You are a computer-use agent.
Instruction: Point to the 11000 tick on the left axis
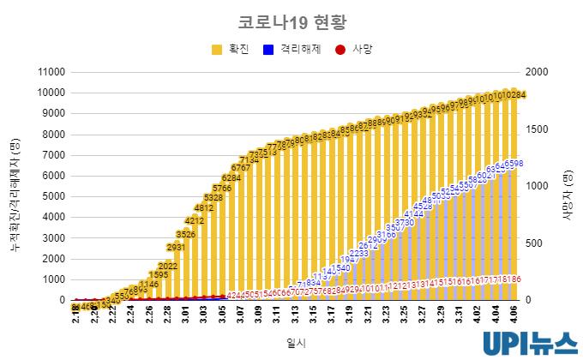[52, 72]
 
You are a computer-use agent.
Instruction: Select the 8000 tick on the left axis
[55, 135]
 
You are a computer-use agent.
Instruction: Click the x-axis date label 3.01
[186, 313]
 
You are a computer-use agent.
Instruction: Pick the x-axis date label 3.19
[351, 313]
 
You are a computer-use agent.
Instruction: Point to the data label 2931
[176, 247]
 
